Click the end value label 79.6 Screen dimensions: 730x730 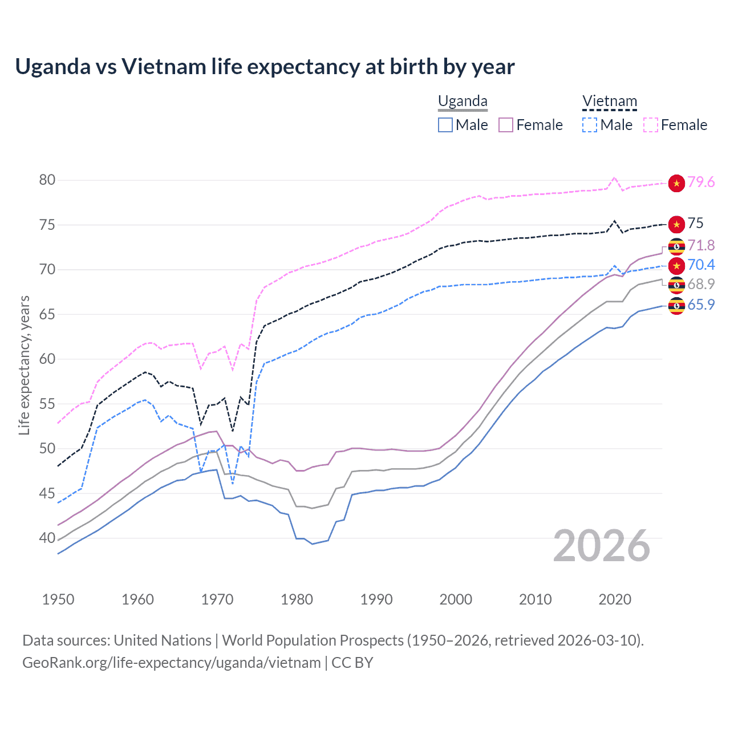point(701,182)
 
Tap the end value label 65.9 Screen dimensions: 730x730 point(701,305)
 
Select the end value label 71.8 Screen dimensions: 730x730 point(701,245)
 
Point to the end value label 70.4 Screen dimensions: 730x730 point(701,265)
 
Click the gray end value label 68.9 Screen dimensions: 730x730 point(701,284)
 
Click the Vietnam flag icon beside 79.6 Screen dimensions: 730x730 point(676,183)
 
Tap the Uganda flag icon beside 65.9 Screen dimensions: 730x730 point(676,306)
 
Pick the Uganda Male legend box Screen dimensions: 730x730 point(445,125)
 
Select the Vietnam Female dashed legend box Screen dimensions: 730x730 point(651,125)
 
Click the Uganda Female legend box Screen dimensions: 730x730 point(506,125)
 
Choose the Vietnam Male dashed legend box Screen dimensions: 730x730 point(590,125)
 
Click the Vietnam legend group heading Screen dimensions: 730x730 point(609,102)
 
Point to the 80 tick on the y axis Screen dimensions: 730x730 point(47,180)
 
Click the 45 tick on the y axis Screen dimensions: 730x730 point(47,493)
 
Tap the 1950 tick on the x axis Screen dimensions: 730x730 point(58,599)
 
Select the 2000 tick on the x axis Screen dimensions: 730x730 point(456,599)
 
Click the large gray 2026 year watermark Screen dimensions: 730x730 point(602,546)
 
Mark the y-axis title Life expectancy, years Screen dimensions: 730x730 point(24,365)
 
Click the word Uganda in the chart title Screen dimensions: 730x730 point(52,67)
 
